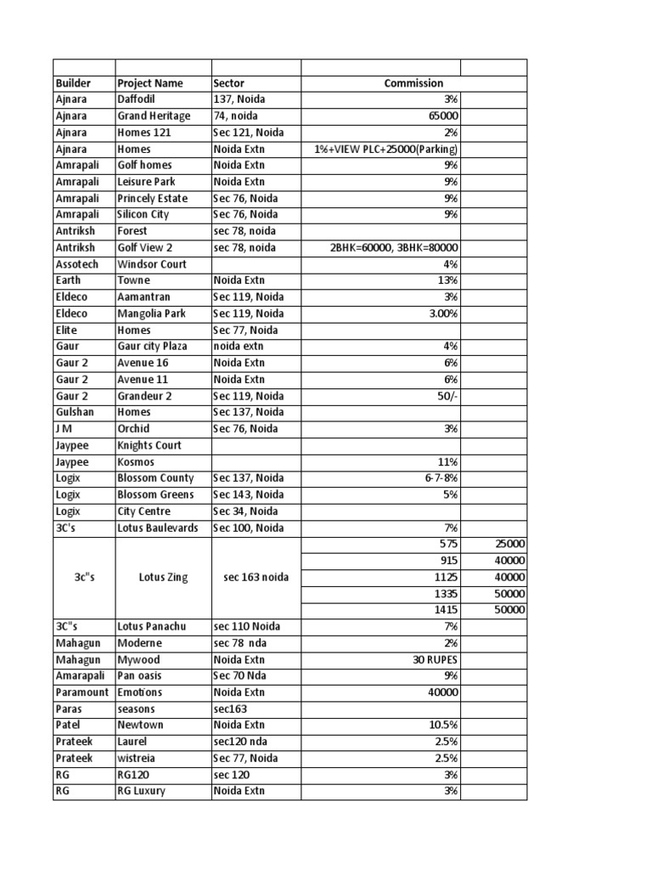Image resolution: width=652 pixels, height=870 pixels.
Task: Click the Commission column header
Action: pos(413,83)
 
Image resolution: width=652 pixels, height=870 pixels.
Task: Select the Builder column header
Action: pos(73,83)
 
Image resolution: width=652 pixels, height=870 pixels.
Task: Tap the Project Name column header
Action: pos(150,83)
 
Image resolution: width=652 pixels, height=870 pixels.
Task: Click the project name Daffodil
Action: pos(136,99)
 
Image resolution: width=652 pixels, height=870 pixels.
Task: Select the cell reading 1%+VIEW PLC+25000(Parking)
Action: pos(386,150)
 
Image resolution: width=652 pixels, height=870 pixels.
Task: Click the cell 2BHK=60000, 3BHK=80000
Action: pos(395,248)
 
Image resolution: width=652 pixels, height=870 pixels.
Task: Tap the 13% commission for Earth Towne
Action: pos(449,280)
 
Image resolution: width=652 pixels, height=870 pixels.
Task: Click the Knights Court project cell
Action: pos(149,445)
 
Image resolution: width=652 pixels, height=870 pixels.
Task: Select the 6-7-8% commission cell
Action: pos(441,478)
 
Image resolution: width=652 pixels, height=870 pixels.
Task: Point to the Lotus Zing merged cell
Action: pos(163,578)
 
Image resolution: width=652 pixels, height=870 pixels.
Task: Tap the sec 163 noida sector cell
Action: pos(256,578)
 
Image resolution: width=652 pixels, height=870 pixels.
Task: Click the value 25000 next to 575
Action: pos(510,545)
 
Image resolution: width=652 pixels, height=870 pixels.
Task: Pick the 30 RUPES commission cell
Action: pos(436,660)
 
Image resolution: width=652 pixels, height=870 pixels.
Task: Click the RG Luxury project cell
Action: pos(142,791)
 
